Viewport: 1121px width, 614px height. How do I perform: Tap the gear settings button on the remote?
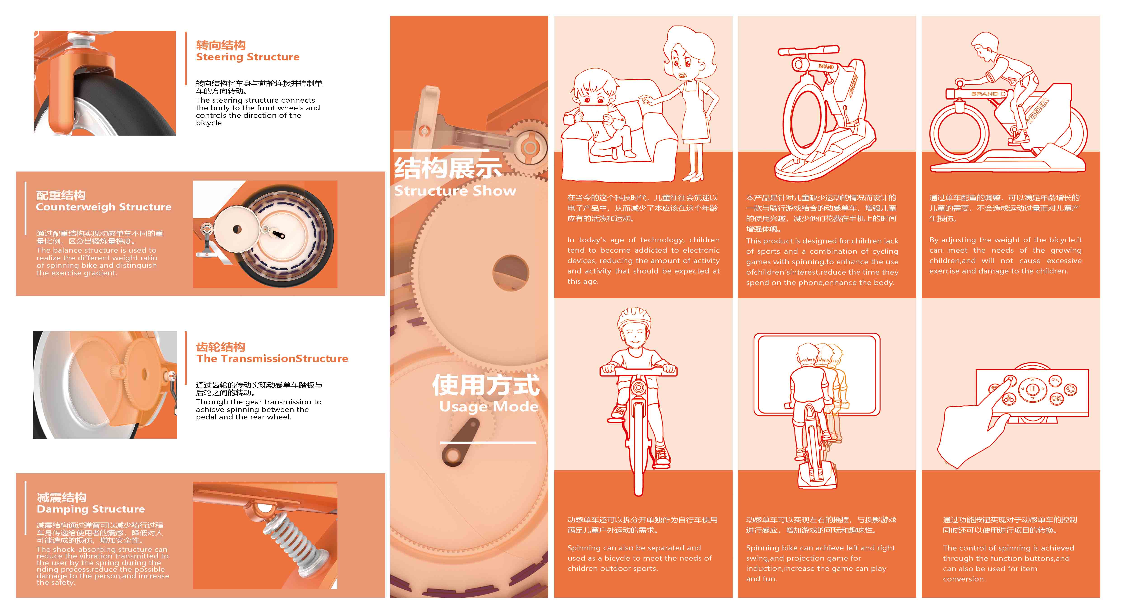[x=1070, y=389]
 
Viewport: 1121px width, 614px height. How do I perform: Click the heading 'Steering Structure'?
[x=248, y=57]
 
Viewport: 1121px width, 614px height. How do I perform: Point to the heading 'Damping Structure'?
[x=91, y=509]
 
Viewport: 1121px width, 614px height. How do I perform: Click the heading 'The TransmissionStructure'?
[x=272, y=359]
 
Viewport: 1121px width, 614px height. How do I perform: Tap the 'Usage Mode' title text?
[x=489, y=406]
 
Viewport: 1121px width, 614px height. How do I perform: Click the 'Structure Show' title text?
[x=455, y=191]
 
